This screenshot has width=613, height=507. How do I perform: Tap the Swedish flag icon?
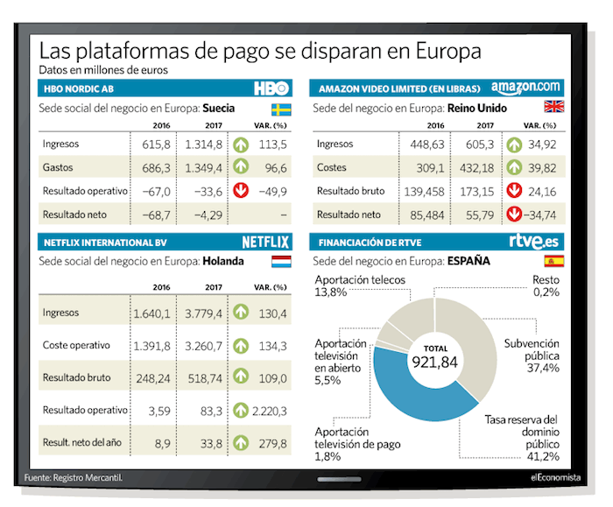click(280, 109)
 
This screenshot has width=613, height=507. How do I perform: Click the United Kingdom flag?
click(554, 107)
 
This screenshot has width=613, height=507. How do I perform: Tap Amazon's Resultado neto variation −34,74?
click(539, 214)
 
